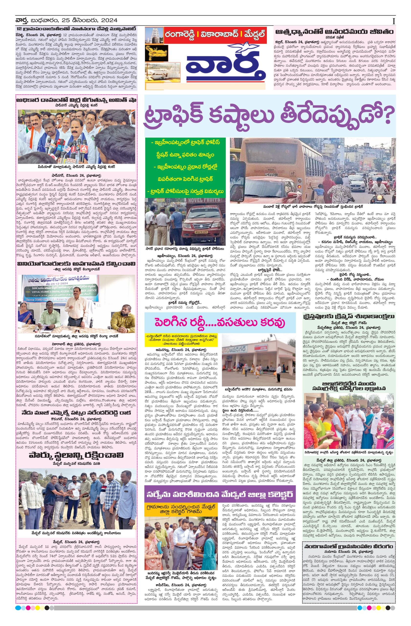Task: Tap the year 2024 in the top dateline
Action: click(x=109, y=21)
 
